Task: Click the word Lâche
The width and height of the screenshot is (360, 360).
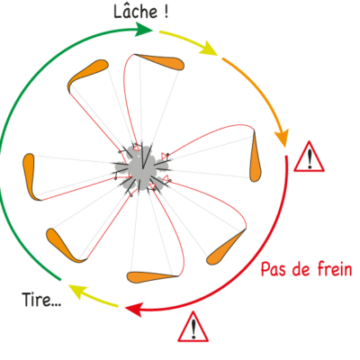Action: click(136, 11)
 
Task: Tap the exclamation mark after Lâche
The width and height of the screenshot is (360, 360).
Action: click(166, 13)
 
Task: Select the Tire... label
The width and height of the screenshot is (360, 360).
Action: click(41, 300)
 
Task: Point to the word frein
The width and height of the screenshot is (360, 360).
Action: click(334, 269)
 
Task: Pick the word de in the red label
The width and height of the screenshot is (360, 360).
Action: click(301, 269)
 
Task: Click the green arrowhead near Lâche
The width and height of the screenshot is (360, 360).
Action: click(144, 30)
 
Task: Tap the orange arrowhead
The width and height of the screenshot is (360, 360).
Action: click(282, 139)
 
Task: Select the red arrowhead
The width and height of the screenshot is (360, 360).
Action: click(134, 309)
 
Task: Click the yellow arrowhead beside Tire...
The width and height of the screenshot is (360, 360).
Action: click(76, 291)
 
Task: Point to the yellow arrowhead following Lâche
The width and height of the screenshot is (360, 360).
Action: click(210, 49)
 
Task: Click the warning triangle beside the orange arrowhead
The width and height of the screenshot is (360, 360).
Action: click(309, 157)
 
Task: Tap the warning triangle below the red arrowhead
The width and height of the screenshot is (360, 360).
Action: click(193, 327)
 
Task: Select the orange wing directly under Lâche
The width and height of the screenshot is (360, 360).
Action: click(160, 61)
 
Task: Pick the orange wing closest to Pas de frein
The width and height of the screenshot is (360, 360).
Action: click(225, 248)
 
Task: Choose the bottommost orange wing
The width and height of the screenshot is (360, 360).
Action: click(151, 277)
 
